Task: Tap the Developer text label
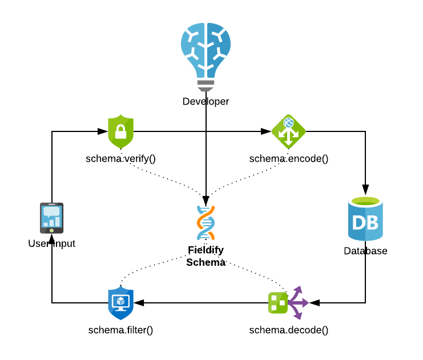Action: click(x=206, y=102)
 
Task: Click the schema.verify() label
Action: click(x=120, y=159)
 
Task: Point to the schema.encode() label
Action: click(x=289, y=159)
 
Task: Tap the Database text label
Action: click(x=365, y=251)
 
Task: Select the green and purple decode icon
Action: click(x=287, y=302)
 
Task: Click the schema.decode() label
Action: click(x=289, y=330)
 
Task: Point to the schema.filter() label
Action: click(x=120, y=330)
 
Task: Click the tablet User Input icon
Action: click(x=51, y=218)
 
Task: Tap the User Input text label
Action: click(x=51, y=244)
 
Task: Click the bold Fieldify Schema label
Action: click(x=206, y=256)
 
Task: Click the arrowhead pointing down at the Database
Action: click(x=365, y=189)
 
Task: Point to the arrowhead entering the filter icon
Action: click(x=139, y=303)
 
